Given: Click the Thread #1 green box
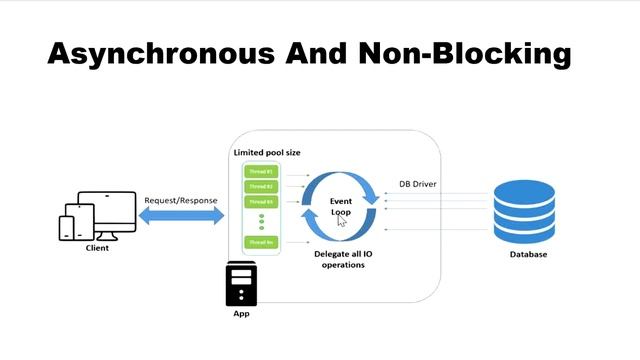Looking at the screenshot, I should click(260, 172).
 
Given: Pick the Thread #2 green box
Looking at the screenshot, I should click(260, 186).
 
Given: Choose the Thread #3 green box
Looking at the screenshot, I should click(260, 201).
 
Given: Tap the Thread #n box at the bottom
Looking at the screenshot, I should click(260, 242).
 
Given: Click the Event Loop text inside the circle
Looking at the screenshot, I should click(341, 207).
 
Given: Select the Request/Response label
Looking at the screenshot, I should click(181, 200).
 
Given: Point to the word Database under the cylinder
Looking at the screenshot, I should click(527, 255).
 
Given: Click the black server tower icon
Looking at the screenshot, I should click(240, 284).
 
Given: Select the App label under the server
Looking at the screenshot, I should click(240, 314).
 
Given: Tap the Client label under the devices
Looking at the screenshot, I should click(97, 248).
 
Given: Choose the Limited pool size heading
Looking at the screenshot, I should click(266, 152).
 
